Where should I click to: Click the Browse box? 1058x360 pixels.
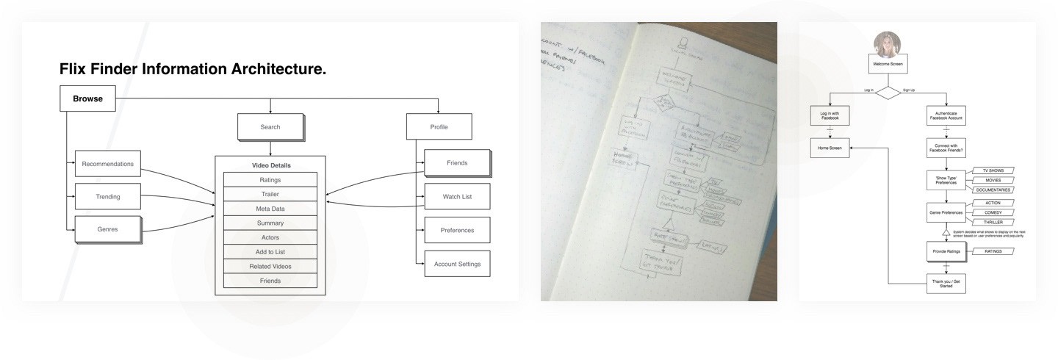87,98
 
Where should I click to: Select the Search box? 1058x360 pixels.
270,127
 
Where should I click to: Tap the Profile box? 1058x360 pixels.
438,127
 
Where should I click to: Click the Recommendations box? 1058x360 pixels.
107,164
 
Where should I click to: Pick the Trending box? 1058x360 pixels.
107,197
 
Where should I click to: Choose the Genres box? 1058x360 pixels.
107,230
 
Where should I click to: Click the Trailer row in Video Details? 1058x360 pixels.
270,194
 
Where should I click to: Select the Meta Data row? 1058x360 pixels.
270,209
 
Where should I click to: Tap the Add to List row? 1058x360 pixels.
270,252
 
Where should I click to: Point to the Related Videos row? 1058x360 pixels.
270,266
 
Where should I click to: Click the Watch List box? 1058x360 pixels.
457,197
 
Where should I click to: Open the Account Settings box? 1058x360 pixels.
457,264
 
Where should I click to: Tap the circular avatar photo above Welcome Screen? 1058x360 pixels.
888,44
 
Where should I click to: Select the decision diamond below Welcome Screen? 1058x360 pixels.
888,92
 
